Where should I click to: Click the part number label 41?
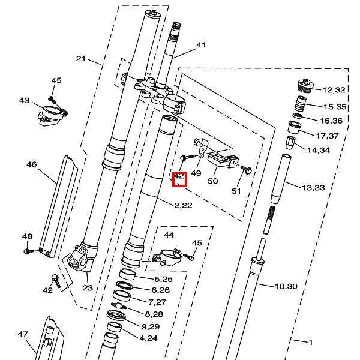tap(201, 45)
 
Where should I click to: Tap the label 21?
tap(82, 59)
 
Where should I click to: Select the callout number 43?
tap(24, 101)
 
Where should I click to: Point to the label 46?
tap(32, 164)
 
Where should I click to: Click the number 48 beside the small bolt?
tap(28, 236)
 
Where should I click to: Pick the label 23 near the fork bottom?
tap(88, 288)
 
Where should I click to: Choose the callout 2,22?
tap(182, 206)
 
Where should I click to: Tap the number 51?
tap(236, 191)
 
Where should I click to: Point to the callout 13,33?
tap(313, 188)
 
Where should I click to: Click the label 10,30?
tap(286, 286)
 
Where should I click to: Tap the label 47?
tap(23, 334)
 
